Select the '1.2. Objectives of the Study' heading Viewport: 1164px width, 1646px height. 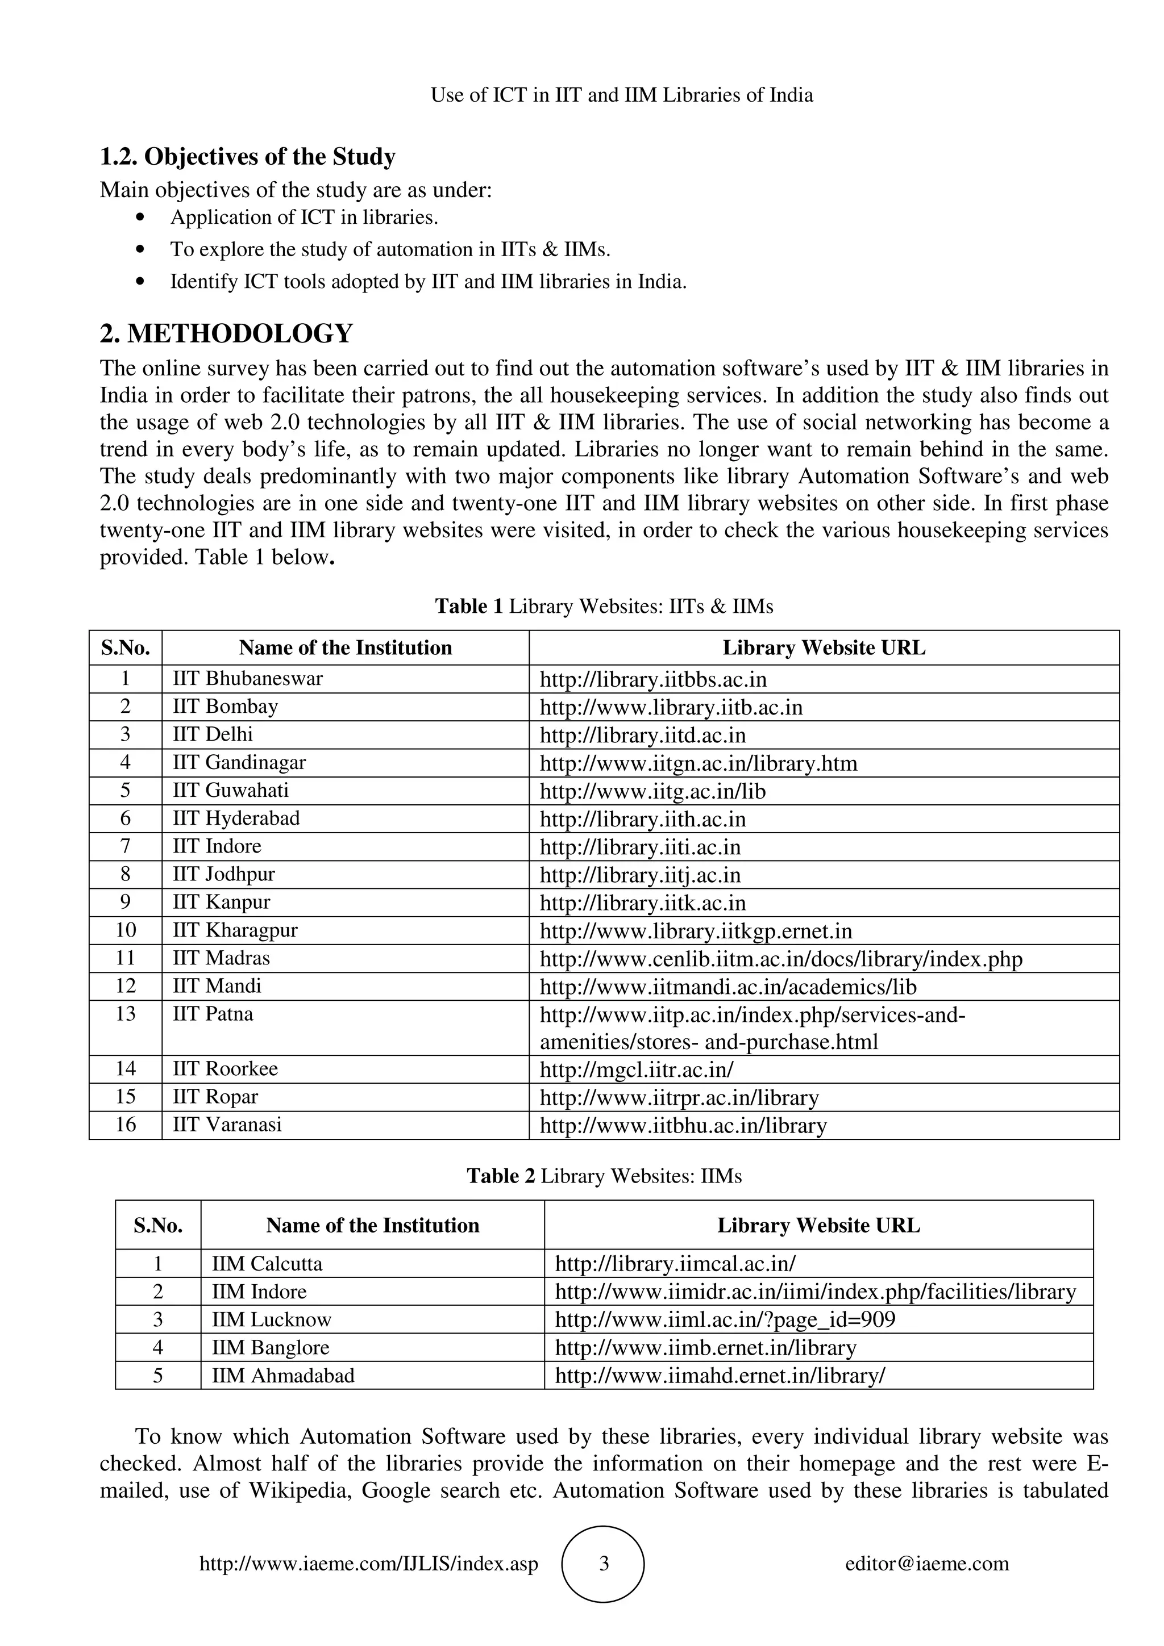247,156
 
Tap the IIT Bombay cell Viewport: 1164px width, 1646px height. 225,707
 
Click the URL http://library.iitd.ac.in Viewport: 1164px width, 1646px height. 643,736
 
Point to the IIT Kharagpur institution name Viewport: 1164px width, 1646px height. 235,930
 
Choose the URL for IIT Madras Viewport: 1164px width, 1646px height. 780,959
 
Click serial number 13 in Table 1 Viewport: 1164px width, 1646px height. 126,1014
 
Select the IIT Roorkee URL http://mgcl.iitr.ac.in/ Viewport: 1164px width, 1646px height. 636,1070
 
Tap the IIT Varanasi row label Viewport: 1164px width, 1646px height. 227,1125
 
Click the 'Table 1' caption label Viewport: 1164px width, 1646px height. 469,607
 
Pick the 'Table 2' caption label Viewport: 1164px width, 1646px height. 501,1176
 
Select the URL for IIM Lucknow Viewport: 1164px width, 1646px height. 725,1320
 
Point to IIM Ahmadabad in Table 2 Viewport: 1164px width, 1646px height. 282,1376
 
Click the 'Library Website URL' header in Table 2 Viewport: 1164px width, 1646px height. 818,1226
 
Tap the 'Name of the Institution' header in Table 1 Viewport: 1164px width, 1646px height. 345,648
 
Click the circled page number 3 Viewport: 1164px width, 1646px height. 603,1564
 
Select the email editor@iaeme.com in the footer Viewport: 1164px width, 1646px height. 926,1564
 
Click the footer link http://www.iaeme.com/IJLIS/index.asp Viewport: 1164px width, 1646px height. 369,1564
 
